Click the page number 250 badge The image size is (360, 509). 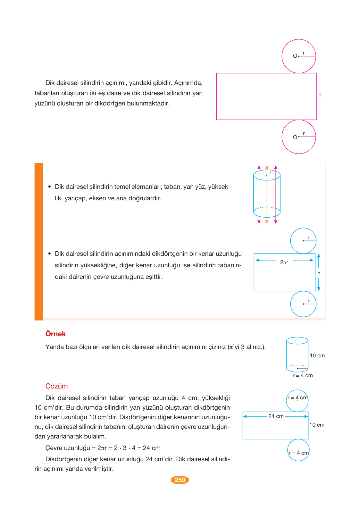180,480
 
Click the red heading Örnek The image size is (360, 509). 55,334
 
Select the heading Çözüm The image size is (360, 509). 56,386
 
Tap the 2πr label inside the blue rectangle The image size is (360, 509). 284,262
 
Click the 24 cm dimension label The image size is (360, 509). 276,416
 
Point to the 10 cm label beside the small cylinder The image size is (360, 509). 317,355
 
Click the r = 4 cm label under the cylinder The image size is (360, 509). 302,375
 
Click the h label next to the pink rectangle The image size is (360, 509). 320,95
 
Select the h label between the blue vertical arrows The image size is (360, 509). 319,273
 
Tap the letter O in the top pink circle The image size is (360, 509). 295,56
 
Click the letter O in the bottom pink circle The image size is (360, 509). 295,137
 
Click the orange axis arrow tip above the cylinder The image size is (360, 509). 267,167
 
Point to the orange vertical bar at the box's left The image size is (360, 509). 39,241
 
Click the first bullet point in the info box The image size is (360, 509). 49,187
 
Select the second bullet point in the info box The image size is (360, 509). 49,254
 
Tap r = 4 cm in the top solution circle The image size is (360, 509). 297,397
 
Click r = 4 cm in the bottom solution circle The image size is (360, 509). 298,453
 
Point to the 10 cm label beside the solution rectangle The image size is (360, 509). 317,425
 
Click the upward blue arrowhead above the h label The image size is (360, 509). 319,256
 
